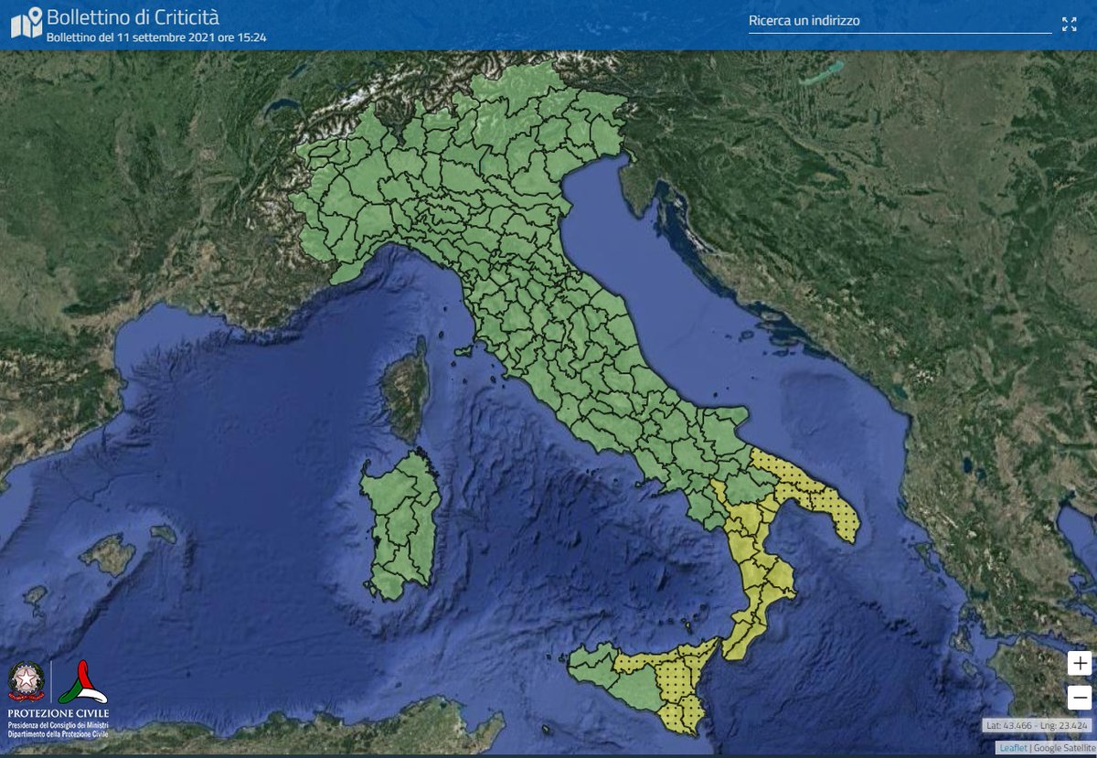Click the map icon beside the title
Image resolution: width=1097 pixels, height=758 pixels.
coord(26,24)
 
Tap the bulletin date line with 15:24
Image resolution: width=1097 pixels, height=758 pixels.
coord(156,38)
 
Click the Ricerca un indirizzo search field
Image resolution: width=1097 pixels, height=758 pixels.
coord(900,21)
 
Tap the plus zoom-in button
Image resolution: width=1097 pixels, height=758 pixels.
coord(1080,663)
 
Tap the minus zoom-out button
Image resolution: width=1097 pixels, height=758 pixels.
coord(1080,698)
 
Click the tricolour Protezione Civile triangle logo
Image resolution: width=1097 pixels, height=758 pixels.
coord(83,682)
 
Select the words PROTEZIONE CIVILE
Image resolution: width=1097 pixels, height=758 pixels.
coord(58,713)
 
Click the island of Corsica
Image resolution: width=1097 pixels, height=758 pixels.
coord(405,389)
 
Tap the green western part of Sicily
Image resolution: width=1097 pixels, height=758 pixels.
coord(608,677)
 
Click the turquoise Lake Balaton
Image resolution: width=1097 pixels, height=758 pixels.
coord(820,72)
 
